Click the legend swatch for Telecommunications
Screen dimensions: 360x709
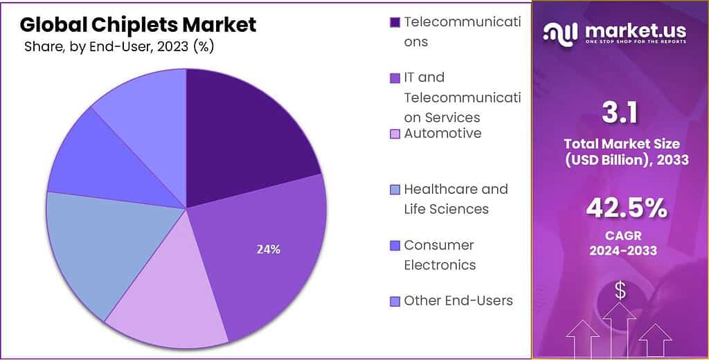pyautogui.click(x=395, y=22)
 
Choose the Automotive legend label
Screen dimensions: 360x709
pyautogui.click(x=442, y=133)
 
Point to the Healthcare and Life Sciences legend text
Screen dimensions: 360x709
pyautogui.click(x=456, y=199)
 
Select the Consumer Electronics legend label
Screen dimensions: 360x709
pyautogui.click(x=440, y=255)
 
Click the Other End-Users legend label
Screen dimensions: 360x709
pyautogui.click(x=458, y=300)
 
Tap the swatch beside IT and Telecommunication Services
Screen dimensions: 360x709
pyautogui.click(x=395, y=78)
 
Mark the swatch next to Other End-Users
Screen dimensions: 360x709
pyautogui.click(x=395, y=301)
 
